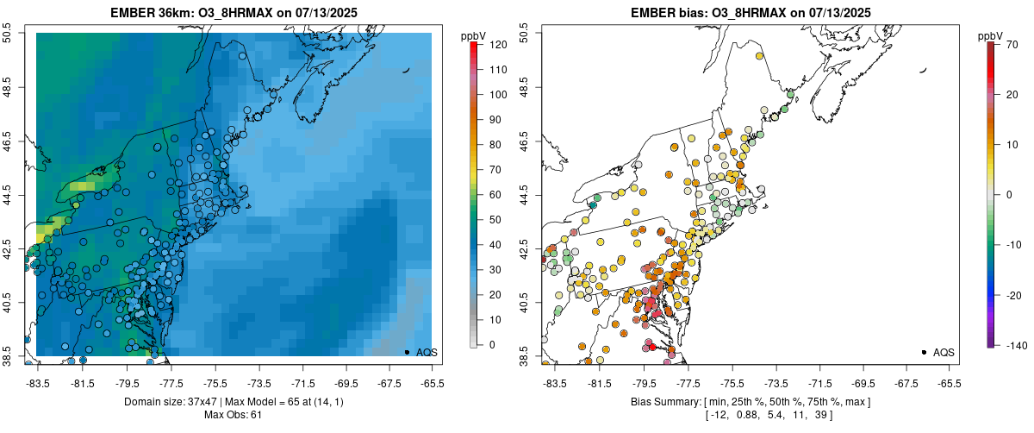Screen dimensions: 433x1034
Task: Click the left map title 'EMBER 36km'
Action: [x=151, y=13]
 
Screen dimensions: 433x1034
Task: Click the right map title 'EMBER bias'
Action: [x=660, y=13]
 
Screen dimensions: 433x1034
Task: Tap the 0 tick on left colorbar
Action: [x=491, y=345]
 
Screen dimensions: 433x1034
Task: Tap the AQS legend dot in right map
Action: [x=924, y=352]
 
